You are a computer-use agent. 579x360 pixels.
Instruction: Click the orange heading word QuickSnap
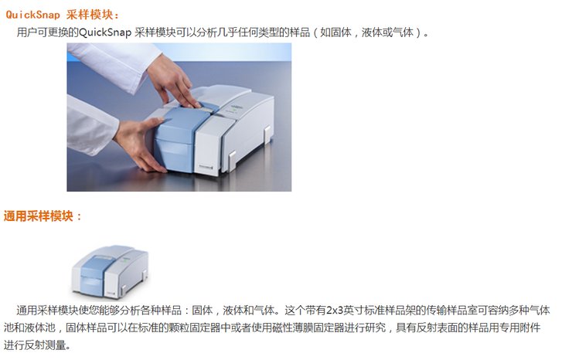(x=32, y=15)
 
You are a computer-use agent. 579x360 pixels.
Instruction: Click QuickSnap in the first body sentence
(x=105, y=32)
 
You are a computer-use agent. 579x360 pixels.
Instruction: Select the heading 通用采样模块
(x=39, y=216)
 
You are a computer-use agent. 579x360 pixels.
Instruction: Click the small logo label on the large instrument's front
(x=206, y=167)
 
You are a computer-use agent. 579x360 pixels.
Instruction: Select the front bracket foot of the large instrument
(x=232, y=161)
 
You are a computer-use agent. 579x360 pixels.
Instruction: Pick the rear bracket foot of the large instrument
(x=267, y=134)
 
